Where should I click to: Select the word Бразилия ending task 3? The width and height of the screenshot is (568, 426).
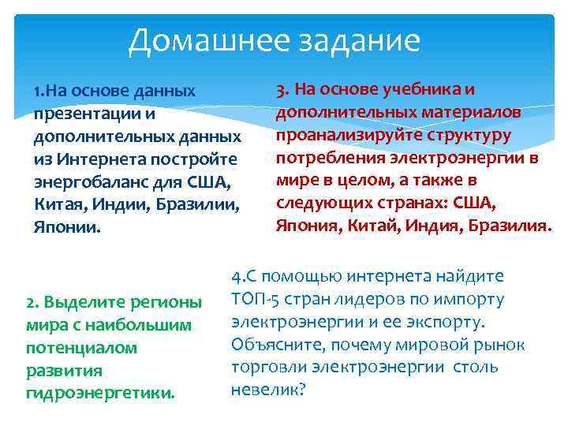[x=506, y=226]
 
